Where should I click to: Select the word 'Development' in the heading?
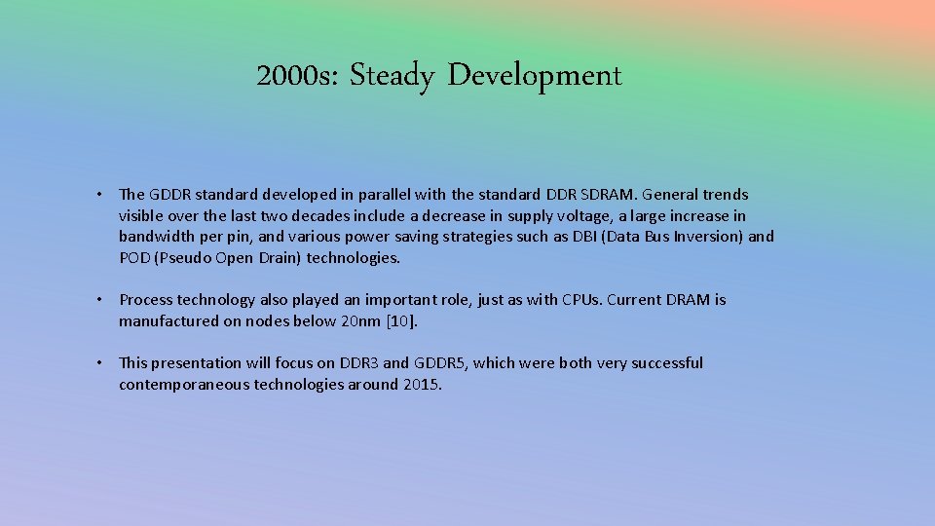pos(535,76)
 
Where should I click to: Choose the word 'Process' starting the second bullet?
pos(147,300)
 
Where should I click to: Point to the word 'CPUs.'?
pos(582,300)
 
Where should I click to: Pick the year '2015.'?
pos(422,385)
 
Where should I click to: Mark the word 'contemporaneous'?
pos(184,385)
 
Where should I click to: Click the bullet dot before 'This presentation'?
pos(100,363)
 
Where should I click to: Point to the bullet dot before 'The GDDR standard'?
pos(100,195)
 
